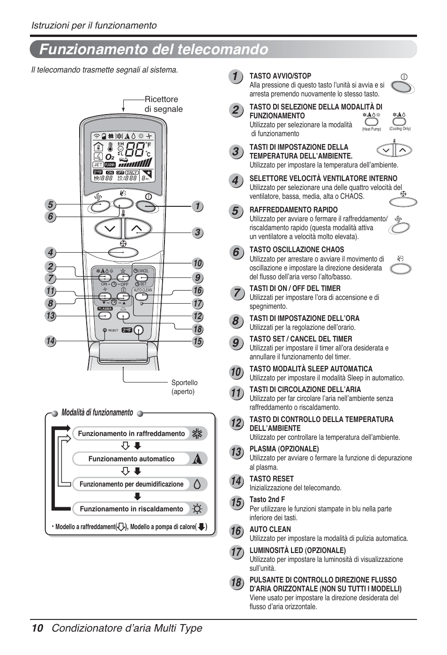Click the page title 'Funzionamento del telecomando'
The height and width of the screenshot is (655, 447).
[154, 49]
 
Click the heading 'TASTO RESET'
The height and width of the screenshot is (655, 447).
[271, 479]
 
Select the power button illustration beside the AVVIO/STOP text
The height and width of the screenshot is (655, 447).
[402, 87]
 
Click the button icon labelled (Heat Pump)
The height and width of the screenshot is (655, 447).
[371, 122]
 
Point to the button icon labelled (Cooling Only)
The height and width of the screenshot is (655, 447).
[399, 122]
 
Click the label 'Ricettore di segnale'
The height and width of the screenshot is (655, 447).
[163, 104]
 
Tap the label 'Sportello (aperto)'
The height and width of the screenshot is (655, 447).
[184, 387]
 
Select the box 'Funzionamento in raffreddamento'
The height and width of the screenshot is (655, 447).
[131, 434]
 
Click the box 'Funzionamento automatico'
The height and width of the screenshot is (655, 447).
[131, 459]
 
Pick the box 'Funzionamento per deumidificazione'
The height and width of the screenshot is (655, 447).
[131, 484]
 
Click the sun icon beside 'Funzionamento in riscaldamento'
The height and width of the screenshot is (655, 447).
[198, 509]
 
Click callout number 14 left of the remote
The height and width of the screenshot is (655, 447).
[51, 341]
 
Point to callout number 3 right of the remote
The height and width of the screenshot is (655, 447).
[198, 232]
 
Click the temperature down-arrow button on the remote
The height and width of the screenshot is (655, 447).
[109, 228]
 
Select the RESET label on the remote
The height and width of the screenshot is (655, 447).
[112, 330]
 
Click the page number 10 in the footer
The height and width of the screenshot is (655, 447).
[37, 628]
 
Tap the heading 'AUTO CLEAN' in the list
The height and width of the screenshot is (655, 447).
[270, 529]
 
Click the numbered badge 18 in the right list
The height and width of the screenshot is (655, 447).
[236, 582]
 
